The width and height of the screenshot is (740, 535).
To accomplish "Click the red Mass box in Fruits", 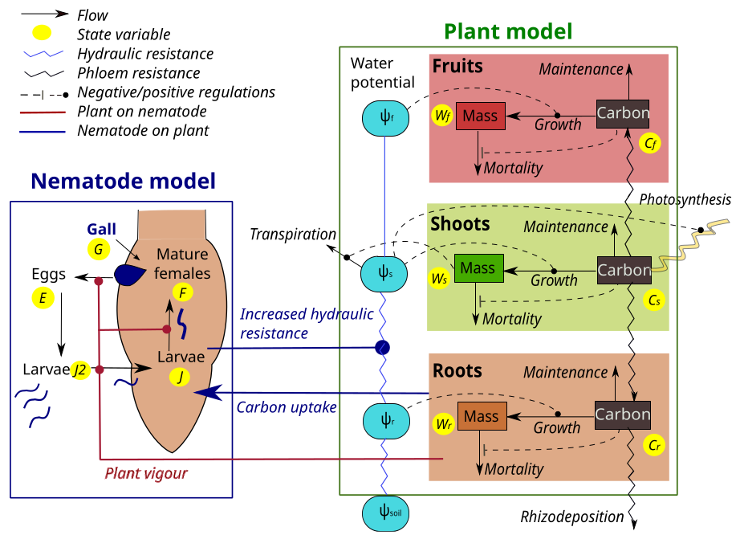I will [x=479, y=116].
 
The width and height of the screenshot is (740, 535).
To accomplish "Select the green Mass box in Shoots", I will [x=478, y=268].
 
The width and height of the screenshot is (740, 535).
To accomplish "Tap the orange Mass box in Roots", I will [x=481, y=417].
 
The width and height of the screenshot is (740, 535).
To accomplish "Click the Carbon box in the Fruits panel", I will [x=623, y=113].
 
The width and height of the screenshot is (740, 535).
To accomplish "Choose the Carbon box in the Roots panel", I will [x=623, y=415].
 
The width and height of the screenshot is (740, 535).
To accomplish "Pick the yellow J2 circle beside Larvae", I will [x=80, y=370].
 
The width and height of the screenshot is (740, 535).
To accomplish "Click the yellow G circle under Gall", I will [x=99, y=249].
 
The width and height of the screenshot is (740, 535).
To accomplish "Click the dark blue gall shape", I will [x=130, y=274].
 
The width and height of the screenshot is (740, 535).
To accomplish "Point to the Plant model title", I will [x=508, y=31].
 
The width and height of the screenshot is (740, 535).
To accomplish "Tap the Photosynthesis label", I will [x=685, y=199].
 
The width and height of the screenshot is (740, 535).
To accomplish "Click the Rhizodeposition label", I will [x=571, y=517].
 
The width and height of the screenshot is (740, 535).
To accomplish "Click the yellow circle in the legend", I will [x=41, y=34].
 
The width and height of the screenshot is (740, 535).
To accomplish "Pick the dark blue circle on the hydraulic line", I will [x=383, y=348].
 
